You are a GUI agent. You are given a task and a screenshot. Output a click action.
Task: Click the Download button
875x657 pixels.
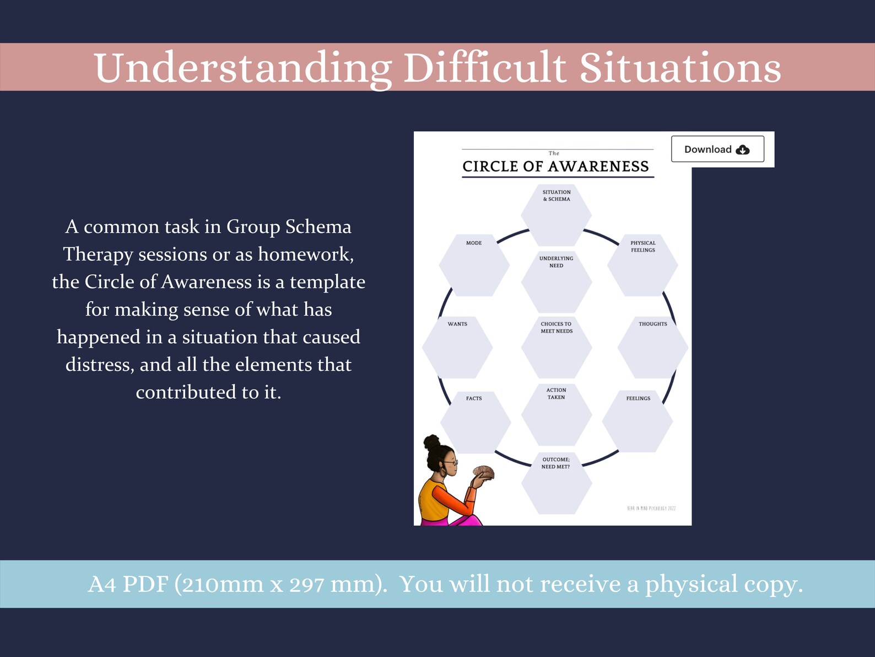point(717,149)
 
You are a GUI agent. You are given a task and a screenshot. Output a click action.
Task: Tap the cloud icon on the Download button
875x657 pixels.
point(743,149)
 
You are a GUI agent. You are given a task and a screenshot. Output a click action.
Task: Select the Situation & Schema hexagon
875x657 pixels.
point(557,215)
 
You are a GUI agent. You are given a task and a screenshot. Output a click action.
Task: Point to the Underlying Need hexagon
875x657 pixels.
point(557,282)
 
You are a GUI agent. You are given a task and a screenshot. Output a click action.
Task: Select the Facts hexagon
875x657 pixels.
point(475,421)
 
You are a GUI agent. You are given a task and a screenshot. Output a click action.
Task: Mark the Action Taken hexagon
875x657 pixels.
point(557,414)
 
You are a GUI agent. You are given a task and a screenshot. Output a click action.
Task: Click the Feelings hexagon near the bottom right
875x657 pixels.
point(638,421)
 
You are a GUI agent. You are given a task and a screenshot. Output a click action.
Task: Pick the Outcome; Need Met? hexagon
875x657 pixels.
point(557,483)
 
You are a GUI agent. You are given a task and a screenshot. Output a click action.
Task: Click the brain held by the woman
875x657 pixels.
point(483,472)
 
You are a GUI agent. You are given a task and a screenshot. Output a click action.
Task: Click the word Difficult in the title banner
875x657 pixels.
point(484,68)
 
